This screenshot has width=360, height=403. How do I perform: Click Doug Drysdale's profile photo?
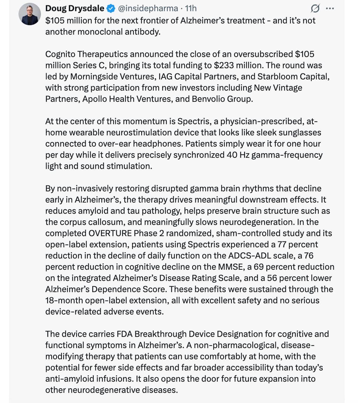pos(29,14)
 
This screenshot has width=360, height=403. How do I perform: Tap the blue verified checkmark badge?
pos(110,8)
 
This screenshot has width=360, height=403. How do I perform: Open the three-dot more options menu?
pos(329,8)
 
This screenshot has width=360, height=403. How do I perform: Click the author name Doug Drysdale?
pos(75,8)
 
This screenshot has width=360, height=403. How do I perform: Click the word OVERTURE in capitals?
pos(109,233)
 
